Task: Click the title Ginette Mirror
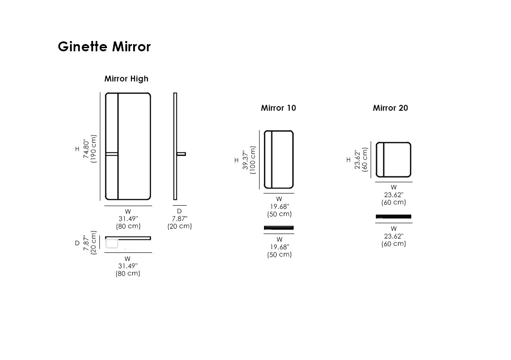104,47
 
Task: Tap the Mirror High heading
126,79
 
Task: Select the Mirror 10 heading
278,108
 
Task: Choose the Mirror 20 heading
390,108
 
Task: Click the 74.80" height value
86,149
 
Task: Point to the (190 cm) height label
94,148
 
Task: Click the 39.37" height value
246,160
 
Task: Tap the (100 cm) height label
252,160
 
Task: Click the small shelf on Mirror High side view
181,153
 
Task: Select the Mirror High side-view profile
175,146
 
